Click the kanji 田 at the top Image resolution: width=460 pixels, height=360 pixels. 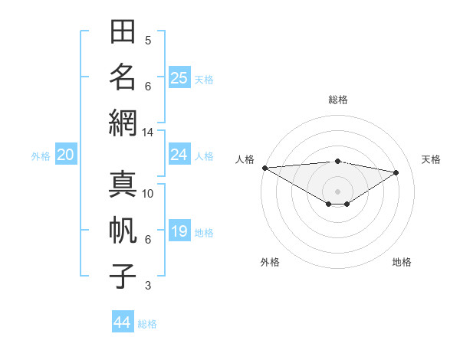123,31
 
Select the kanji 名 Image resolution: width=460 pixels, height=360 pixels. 123,77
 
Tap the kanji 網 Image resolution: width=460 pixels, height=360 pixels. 123,123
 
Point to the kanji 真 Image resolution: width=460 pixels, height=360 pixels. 123,184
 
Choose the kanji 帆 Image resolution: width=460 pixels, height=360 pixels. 123,230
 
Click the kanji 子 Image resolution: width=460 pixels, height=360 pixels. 123,276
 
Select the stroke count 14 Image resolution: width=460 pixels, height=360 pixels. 147,133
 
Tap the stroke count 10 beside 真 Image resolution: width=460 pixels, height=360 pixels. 147,194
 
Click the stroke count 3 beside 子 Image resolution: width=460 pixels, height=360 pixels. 148,286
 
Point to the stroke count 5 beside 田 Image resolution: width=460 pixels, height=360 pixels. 148,41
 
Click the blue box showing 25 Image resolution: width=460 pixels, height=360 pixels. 179,77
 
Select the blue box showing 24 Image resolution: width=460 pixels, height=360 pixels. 179,154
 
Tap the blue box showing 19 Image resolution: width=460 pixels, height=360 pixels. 179,230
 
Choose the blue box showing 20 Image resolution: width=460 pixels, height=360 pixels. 66,154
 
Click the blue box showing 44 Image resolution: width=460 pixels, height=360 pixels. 123,321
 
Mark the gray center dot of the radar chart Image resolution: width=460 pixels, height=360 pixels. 337,192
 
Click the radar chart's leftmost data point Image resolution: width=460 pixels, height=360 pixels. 265,168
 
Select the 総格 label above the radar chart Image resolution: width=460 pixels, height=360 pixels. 338,100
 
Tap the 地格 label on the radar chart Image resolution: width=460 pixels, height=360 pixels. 402,262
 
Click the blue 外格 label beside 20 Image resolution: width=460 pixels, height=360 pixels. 41,156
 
